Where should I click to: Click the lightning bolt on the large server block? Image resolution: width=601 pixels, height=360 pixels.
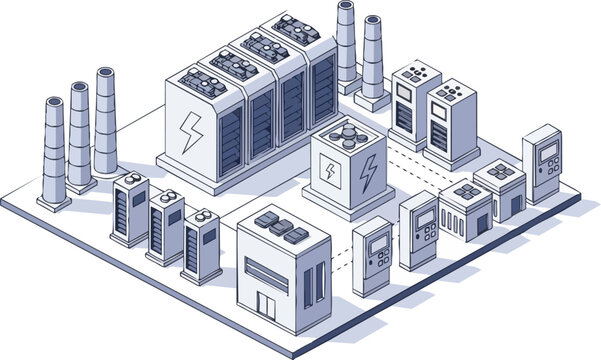189,131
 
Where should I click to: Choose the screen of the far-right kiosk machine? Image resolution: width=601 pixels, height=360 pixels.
548,153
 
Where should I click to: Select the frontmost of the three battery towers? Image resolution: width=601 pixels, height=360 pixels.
201,245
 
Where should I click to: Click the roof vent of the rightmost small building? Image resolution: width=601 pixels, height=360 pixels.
501,171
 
